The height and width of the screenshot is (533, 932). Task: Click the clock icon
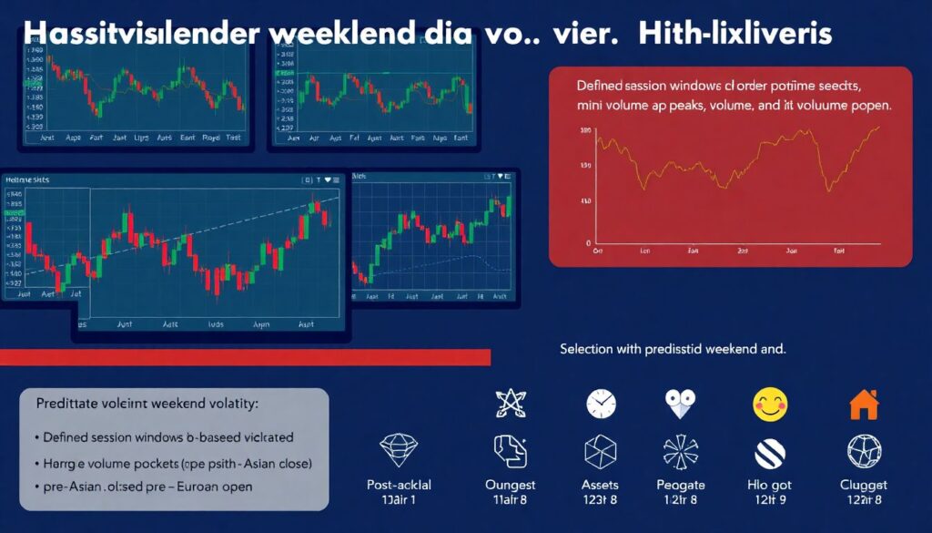(x=601, y=403)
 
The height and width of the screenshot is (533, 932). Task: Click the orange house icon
(x=863, y=404)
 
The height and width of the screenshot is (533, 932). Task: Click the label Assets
(x=601, y=485)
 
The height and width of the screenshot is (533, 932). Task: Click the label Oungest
(x=511, y=485)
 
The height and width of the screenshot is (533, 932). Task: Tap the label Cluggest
(x=863, y=485)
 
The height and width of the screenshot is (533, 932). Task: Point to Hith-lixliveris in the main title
(x=734, y=35)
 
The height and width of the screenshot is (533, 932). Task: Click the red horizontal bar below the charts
(x=246, y=356)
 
